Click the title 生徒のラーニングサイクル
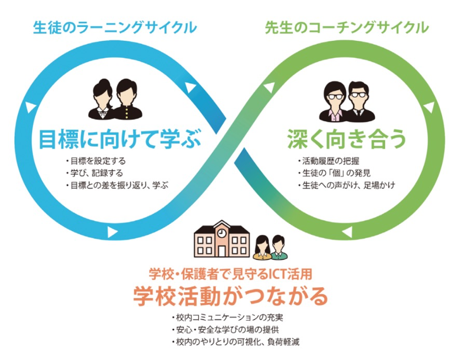coord(115,28)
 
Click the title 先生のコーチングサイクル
coord(347,28)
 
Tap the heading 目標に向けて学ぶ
coord(120,139)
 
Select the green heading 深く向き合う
coord(347,139)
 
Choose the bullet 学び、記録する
coord(96,173)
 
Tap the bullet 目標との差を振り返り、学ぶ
coord(119,185)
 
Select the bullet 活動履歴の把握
coord(330,161)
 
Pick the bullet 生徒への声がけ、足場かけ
coord(348,185)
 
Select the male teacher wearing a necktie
coord(358,101)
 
